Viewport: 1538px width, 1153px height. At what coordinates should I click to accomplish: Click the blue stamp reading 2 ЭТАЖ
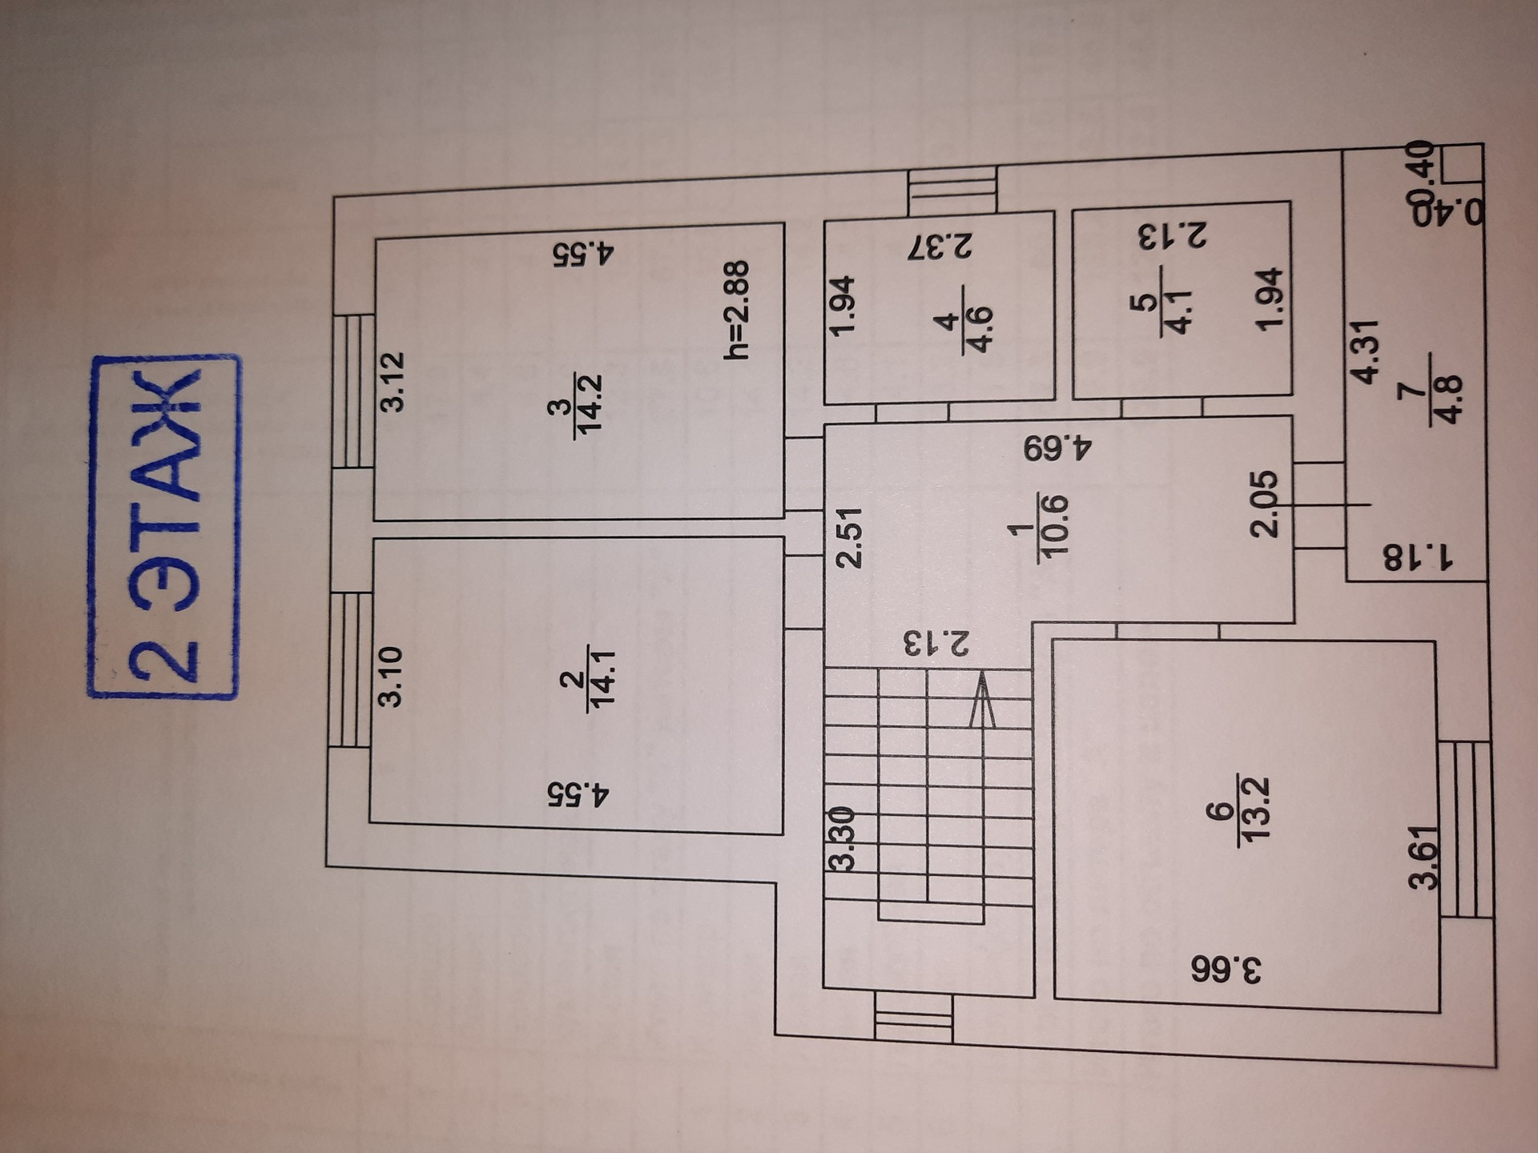pos(163,527)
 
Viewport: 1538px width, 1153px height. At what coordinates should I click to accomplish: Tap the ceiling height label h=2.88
pos(736,310)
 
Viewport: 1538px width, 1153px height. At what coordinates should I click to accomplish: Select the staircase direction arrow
pos(982,701)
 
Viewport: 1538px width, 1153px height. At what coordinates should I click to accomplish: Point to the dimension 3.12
pos(393,382)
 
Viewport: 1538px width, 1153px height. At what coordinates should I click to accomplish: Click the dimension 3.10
pos(390,677)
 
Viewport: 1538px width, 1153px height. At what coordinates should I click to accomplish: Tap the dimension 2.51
pos(848,537)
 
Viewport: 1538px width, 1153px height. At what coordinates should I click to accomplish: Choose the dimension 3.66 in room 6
pos(1226,969)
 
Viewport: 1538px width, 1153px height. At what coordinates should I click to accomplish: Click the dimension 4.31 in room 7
pos(1363,351)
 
